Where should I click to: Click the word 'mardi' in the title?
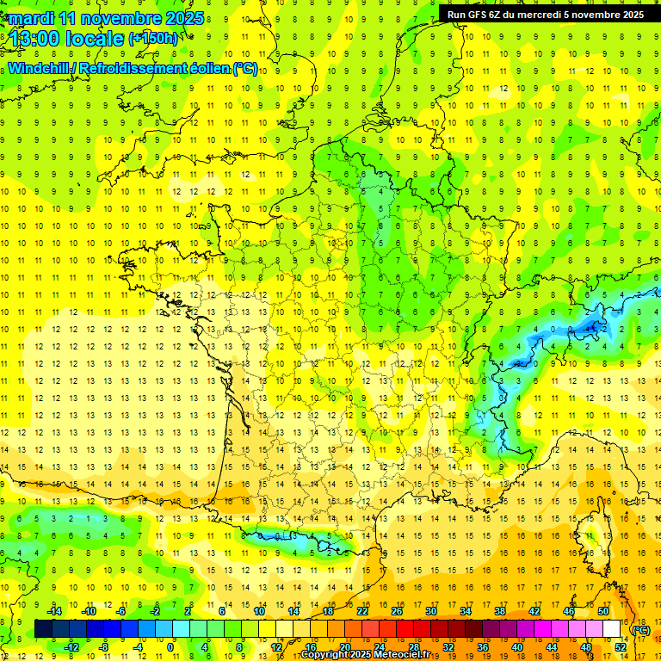pyautogui.click(x=31, y=18)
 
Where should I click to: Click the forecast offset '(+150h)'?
pyautogui.click(x=153, y=39)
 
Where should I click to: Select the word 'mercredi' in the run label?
pyautogui.click(x=546, y=15)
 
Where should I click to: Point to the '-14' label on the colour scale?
pyautogui.click(x=54, y=610)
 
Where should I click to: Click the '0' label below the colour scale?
pyautogui.click(x=170, y=647)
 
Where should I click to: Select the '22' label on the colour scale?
pyautogui.click(x=362, y=610)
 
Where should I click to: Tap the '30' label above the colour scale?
pyautogui.click(x=431, y=610)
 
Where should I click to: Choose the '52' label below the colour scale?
pyautogui.click(x=621, y=647)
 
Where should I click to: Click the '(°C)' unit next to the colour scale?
pyautogui.click(x=641, y=629)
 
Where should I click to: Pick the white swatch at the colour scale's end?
pyautogui.click(x=612, y=629)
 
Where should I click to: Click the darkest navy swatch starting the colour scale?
pyautogui.click(x=43, y=629)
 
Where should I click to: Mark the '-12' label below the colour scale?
pyautogui.click(x=71, y=647)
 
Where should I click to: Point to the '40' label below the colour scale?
pyautogui.click(x=517, y=647)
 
